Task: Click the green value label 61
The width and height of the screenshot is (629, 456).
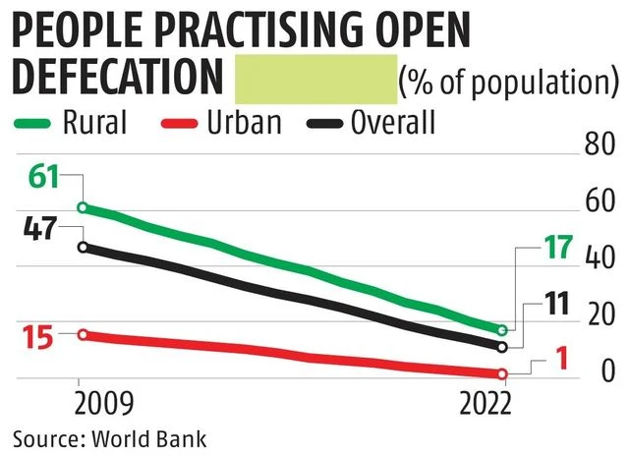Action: pos(42,179)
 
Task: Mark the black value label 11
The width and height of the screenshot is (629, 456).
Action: pos(557,305)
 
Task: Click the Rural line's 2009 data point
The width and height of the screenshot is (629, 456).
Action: pos(83,207)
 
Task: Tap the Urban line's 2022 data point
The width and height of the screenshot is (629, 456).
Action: pos(502,373)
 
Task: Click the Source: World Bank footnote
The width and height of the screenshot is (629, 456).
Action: pos(109,436)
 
